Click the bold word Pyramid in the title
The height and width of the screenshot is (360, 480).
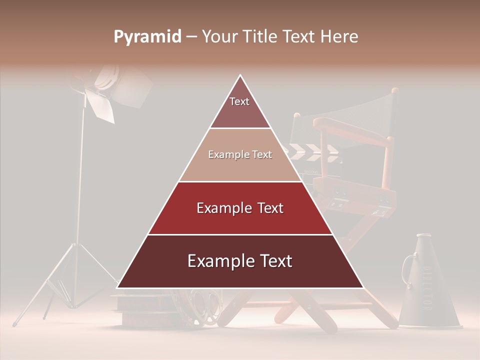pos(147,37)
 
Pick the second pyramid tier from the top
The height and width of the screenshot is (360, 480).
pos(240,155)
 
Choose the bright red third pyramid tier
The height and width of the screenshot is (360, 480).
pos(240,208)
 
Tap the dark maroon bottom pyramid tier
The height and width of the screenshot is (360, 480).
pos(240,261)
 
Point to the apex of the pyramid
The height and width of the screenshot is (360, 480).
pos(240,76)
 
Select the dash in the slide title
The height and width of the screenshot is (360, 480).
pos(191,37)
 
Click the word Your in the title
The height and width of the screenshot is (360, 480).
pos(219,37)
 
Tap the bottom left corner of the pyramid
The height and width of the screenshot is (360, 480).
pos(117,287)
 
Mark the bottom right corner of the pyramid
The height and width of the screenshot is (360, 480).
pos(363,287)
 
